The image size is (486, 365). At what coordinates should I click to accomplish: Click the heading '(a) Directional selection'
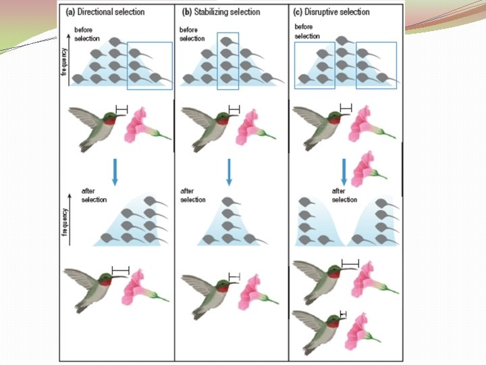click(x=105, y=12)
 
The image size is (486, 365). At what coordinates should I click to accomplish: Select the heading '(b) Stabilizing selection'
click(x=221, y=12)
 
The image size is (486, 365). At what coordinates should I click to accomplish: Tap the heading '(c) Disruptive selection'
click(x=331, y=12)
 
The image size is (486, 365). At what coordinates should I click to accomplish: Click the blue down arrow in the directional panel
click(x=115, y=172)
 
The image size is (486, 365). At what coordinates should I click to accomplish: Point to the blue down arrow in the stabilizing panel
click(x=229, y=172)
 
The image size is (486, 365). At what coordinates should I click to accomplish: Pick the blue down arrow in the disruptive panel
click(x=344, y=172)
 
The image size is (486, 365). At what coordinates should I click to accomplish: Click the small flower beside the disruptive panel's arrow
click(x=369, y=168)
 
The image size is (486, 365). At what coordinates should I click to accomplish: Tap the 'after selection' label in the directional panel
click(x=94, y=195)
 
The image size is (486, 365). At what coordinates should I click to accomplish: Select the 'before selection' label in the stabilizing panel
click(x=192, y=34)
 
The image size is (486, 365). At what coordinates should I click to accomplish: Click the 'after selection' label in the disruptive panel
click(x=344, y=195)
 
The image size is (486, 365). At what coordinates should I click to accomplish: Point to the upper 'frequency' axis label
click(x=64, y=62)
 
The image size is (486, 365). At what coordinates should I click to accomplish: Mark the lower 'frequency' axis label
click(x=65, y=222)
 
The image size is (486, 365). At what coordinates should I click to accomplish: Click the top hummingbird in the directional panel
click(x=97, y=127)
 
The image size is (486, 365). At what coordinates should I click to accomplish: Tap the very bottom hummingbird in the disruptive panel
click(x=319, y=332)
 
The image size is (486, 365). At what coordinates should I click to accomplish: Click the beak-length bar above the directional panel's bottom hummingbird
click(x=121, y=270)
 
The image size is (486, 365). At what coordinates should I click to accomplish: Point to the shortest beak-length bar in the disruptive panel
click(x=343, y=314)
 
